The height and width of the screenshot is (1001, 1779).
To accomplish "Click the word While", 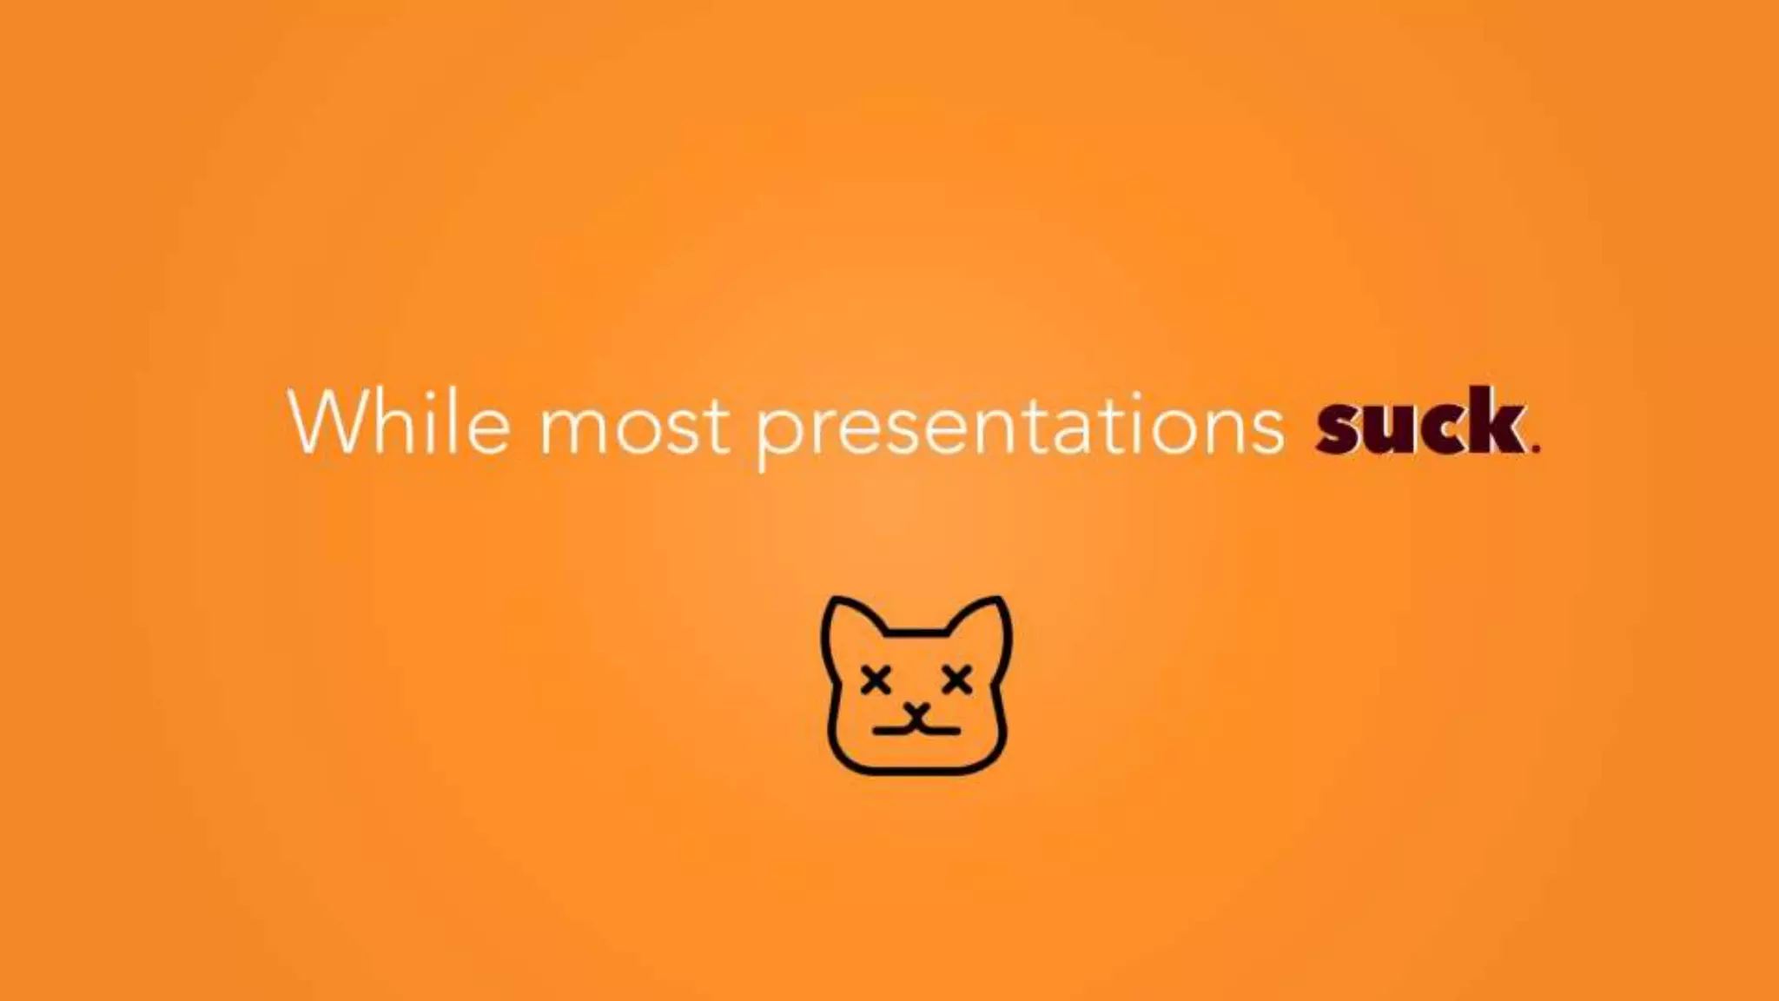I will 399,421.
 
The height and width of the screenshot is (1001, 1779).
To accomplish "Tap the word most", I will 634,426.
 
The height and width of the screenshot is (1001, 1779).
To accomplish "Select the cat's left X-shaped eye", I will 876,679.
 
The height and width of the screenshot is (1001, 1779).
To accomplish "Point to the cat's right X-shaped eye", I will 956,679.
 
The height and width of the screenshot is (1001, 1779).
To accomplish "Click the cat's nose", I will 916,714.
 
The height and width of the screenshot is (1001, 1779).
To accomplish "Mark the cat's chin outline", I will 916,771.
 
